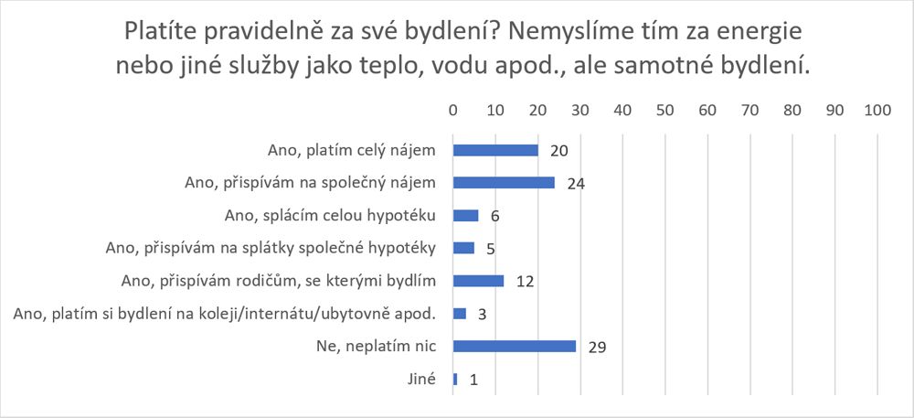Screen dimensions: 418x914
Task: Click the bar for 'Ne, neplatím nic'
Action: pyautogui.click(x=515, y=346)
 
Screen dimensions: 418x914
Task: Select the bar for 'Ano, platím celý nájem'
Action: pyautogui.click(x=495, y=149)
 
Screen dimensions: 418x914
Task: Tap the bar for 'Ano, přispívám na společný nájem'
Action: pyautogui.click(x=504, y=182)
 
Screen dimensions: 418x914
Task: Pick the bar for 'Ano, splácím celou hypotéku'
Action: pyautogui.click(x=466, y=215)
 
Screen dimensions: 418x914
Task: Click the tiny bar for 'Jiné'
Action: pyautogui.click(x=455, y=379)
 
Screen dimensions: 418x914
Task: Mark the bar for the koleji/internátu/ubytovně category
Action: pyautogui.click(x=460, y=313)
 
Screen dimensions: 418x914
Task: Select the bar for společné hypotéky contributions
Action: pyautogui.click(x=464, y=247)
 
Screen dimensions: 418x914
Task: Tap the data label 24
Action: pyautogui.click(x=575, y=183)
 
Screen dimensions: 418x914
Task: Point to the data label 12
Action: pyautogui.click(x=525, y=281)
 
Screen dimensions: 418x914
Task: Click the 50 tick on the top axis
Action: pyautogui.click(x=664, y=110)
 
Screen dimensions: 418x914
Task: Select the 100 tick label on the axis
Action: pyautogui.click(x=877, y=110)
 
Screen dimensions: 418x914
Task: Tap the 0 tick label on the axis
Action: pyautogui.click(x=453, y=110)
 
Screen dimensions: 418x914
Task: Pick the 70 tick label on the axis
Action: pyautogui.click(x=749, y=110)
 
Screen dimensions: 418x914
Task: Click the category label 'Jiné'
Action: pyautogui.click(x=422, y=379)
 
